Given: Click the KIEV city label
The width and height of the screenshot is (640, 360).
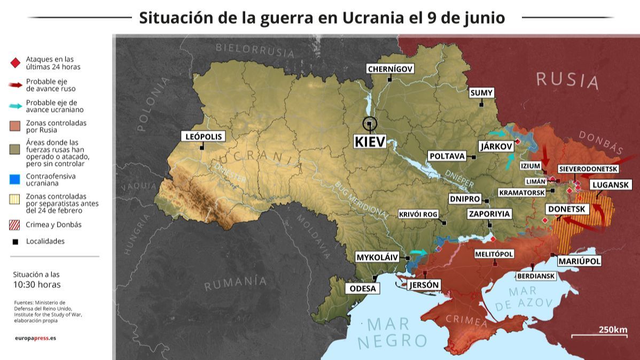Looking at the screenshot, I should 369,142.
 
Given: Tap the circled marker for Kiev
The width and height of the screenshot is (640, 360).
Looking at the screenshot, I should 369,124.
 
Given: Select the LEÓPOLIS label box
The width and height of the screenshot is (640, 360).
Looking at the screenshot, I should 202,136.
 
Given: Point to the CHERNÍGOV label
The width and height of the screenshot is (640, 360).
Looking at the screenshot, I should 391,68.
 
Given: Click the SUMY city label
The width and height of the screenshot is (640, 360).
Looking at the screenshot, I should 481,93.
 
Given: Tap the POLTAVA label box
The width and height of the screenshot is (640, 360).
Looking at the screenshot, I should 447,155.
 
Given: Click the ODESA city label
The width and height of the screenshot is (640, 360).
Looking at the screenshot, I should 363,288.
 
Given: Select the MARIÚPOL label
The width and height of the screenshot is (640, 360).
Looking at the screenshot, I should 579,261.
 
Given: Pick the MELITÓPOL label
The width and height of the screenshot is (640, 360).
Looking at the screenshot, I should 494,254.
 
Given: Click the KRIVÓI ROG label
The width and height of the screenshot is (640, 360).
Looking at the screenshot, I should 418,214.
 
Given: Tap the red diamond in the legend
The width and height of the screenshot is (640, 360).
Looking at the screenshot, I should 15,63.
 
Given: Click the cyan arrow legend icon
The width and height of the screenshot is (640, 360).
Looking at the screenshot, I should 15,106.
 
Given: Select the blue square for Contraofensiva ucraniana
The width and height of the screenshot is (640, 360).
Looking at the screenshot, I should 15,179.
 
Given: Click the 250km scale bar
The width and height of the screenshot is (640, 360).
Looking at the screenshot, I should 599,335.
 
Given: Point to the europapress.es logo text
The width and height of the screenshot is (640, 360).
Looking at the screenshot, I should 35,338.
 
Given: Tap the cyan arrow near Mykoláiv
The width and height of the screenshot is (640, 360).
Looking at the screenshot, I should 419,252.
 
